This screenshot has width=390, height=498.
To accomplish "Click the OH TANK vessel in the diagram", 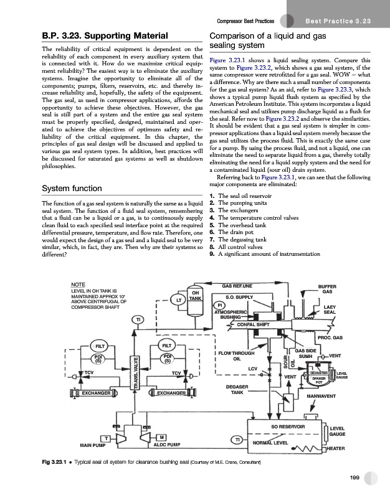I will tap(195, 296).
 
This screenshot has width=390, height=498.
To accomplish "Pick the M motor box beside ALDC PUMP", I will tap(163, 438).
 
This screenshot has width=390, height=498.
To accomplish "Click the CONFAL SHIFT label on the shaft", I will tap(250, 324).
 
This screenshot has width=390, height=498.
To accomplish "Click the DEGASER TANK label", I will tap(236, 390).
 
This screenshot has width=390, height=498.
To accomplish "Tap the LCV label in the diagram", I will tap(252, 369).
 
